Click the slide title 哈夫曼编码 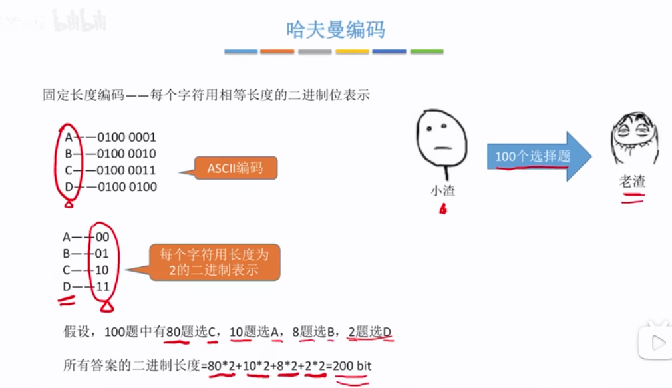pos(335,30)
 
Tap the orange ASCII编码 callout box pos(235,168)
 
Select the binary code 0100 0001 pos(126,137)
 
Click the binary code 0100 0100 pos(126,187)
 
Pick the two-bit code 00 pos(102,237)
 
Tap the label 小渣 pos(442,191)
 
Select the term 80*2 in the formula pos(220,365)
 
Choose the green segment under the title pos(426,51)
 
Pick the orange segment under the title pos(277,51)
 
